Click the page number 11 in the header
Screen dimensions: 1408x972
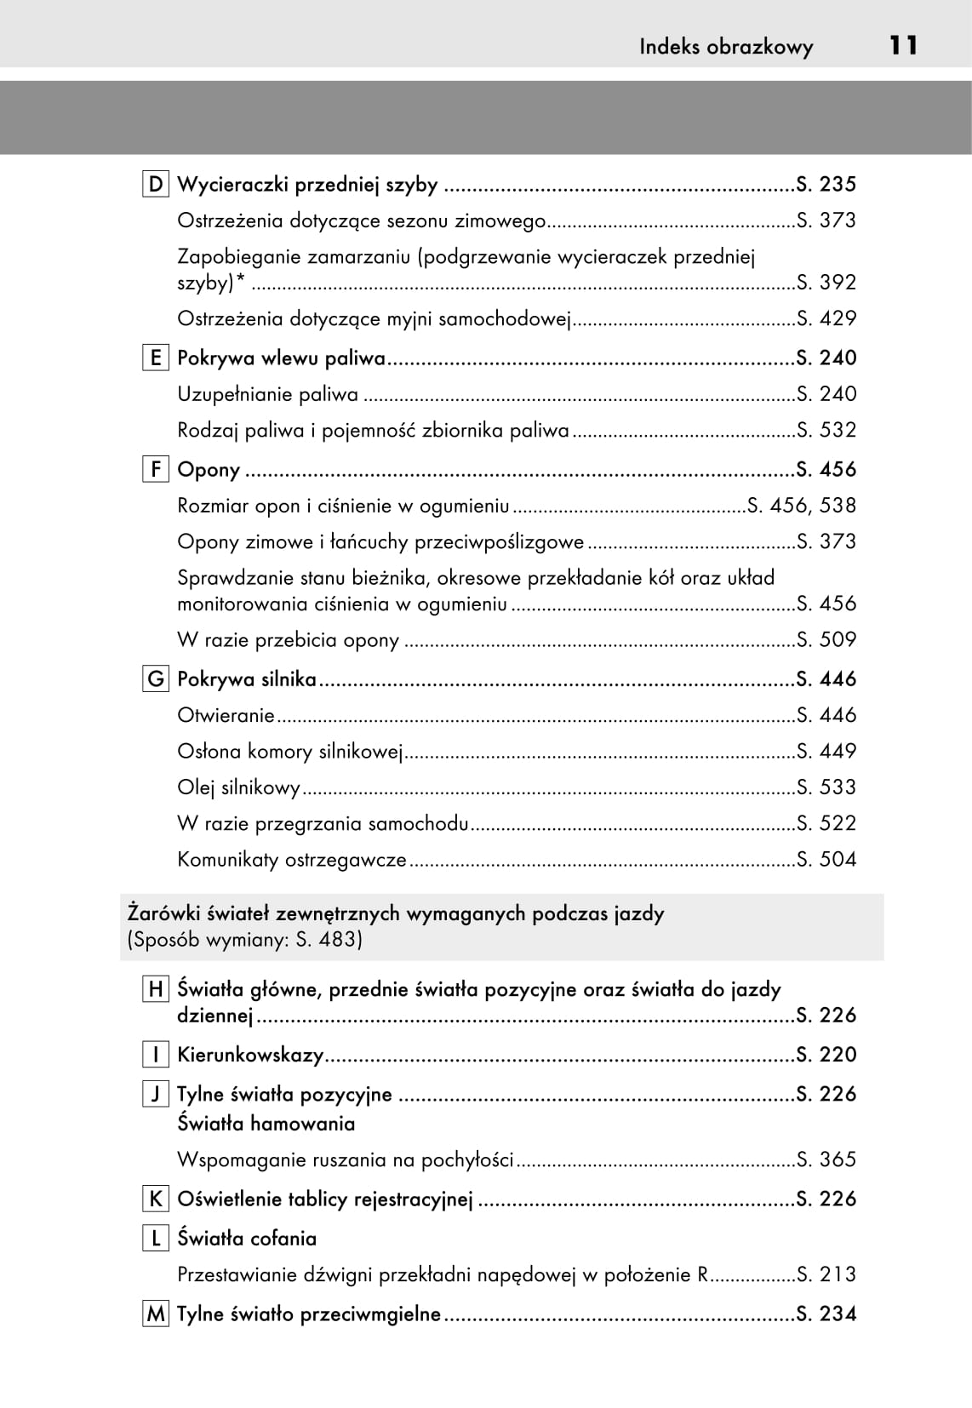tap(903, 45)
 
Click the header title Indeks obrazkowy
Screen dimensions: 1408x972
tap(726, 47)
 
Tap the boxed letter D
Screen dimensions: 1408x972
tap(155, 185)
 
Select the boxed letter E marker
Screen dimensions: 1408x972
tap(155, 358)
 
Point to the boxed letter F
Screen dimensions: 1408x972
tap(155, 470)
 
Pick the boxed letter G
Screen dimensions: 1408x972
tap(155, 679)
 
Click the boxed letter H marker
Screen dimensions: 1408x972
tap(155, 989)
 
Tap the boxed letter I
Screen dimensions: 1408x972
tap(155, 1055)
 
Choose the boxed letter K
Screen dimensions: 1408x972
tap(155, 1199)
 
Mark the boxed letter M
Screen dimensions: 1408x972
tap(155, 1314)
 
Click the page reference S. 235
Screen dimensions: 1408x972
tap(826, 185)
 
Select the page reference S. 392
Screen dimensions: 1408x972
tap(826, 283)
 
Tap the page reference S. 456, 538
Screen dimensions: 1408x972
tap(801, 506)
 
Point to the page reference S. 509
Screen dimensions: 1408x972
tap(826, 640)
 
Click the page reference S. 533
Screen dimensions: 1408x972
tap(826, 787)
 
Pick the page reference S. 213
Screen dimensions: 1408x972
tap(826, 1275)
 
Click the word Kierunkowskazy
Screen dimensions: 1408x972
tap(250, 1056)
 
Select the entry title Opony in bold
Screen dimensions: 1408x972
tap(209, 470)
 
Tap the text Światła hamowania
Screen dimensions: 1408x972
tap(266, 1124)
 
